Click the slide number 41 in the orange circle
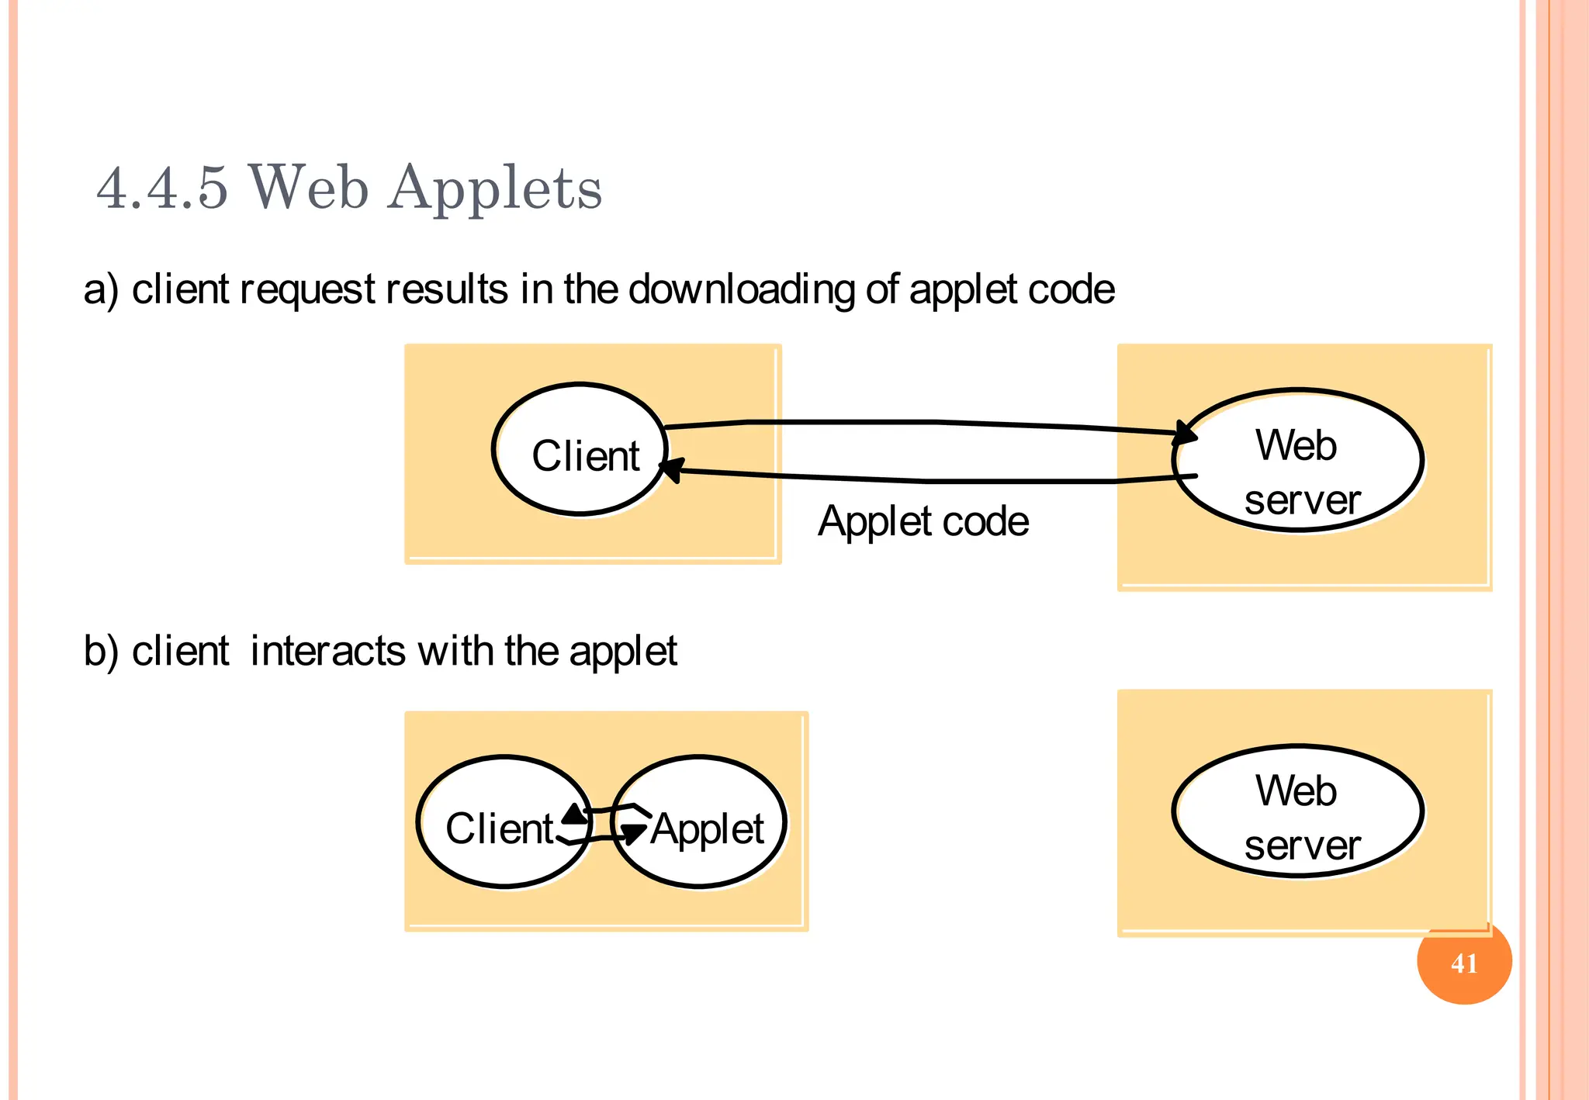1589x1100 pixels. [x=1463, y=963]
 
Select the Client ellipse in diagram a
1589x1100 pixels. [x=580, y=449]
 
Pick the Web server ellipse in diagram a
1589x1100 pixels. [x=1297, y=461]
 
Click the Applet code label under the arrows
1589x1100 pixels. [x=923, y=521]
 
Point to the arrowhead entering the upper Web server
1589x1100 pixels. [x=1185, y=432]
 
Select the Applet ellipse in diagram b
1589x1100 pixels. [x=700, y=822]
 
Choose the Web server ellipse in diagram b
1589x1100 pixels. [x=1297, y=811]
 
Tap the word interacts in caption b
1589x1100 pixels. [x=327, y=651]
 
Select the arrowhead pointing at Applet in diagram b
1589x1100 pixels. [x=633, y=834]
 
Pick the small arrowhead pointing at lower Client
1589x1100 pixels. [x=575, y=814]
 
